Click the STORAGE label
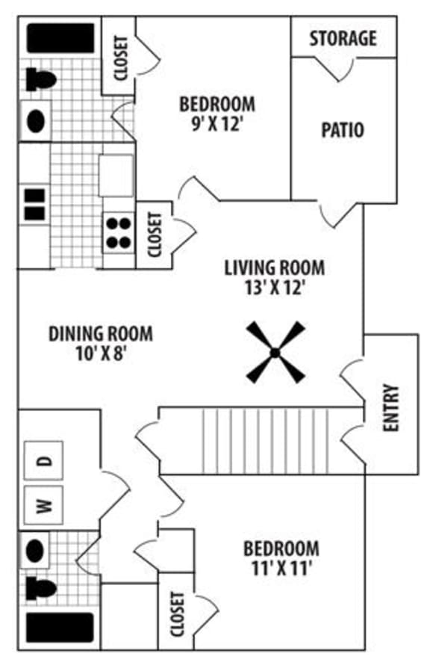343,37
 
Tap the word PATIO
343,130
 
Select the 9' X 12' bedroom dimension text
217,122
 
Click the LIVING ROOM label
275,267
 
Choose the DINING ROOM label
101,333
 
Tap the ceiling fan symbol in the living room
275,352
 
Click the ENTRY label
391,409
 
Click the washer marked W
44,507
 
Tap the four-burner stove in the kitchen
117,232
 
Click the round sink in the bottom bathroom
35,551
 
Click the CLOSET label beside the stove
155,235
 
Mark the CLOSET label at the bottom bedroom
177,614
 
